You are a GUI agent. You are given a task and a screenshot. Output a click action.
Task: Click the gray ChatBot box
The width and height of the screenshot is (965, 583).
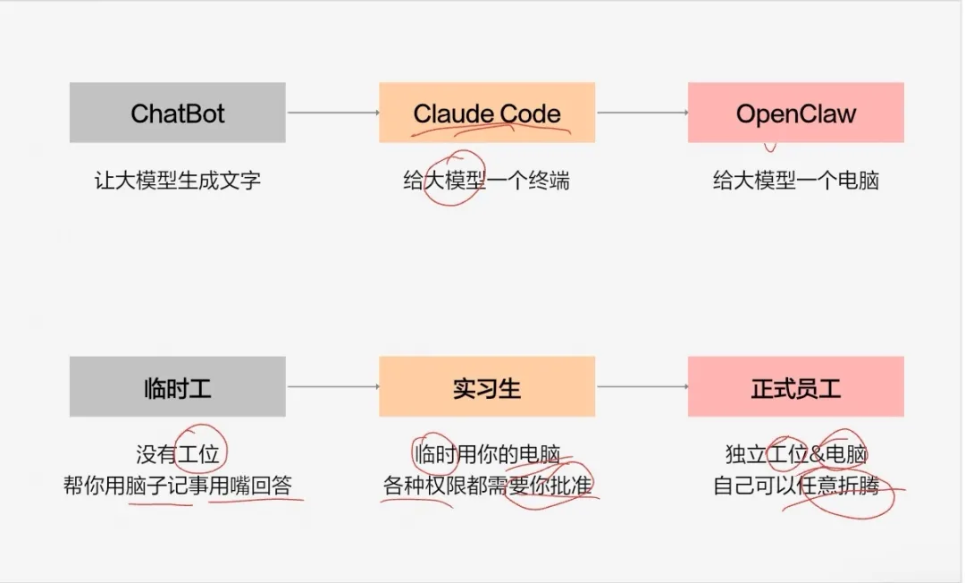(177, 113)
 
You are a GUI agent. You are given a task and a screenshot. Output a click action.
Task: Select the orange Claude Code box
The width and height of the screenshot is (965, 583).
(487, 113)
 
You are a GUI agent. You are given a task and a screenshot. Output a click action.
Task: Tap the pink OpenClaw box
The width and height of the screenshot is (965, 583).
(795, 113)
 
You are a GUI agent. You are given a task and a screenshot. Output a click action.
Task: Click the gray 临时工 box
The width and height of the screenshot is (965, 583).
(177, 387)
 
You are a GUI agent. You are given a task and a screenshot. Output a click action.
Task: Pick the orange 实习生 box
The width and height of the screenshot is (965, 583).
(487, 387)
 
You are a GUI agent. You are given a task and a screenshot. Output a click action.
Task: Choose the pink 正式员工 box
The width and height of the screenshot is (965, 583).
(795, 387)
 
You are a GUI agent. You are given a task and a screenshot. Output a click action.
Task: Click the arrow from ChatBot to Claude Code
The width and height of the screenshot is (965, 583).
(332, 113)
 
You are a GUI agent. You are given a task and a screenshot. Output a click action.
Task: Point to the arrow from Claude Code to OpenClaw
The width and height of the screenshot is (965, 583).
(642, 113)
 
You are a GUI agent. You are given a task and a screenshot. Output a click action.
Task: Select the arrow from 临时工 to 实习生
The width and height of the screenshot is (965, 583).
(332, 387)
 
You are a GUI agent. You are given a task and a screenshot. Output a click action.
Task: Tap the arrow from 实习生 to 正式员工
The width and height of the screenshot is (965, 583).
(642, 387)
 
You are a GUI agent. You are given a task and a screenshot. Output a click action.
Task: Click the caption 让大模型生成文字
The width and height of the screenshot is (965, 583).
(177, 181)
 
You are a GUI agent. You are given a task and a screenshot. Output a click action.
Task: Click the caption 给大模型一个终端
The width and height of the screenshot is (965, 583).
(487, 181)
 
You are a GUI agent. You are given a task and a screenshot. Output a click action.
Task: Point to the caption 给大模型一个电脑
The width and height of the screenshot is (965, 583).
(795, 181)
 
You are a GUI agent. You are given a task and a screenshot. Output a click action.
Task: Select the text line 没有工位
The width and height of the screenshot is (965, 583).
(177, 454)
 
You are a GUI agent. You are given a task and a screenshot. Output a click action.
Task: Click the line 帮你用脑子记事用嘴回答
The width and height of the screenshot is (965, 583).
(177, 486)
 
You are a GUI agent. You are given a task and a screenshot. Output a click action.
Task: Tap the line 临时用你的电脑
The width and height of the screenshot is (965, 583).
(487, 454)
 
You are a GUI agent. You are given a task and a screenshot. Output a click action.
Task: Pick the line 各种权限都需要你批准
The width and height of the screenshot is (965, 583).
(487, 486)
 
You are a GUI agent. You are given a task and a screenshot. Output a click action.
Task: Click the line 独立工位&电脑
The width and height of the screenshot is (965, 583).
(795, 454)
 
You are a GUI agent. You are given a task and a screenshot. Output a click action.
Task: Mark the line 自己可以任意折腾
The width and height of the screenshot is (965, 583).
(795, 486)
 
